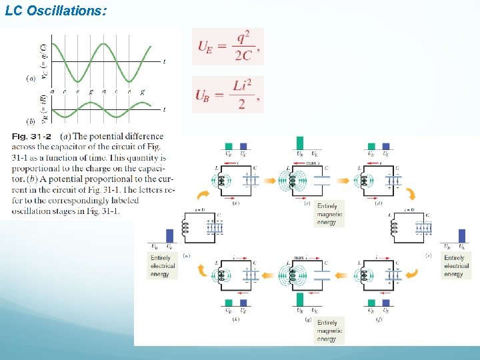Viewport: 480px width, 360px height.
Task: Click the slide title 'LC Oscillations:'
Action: [55, 11]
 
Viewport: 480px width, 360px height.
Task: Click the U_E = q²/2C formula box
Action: [227, 46]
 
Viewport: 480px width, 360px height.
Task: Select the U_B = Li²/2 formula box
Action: [227, 94]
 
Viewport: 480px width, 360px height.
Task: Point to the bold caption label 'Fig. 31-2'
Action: [31, 137]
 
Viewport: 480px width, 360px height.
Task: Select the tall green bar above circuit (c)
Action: [299, 143]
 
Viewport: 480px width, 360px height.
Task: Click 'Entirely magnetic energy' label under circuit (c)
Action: [329, 215]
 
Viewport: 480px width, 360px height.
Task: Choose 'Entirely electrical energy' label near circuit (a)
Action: [163, 265]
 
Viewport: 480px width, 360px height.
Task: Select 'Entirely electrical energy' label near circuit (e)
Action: [456, 265]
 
